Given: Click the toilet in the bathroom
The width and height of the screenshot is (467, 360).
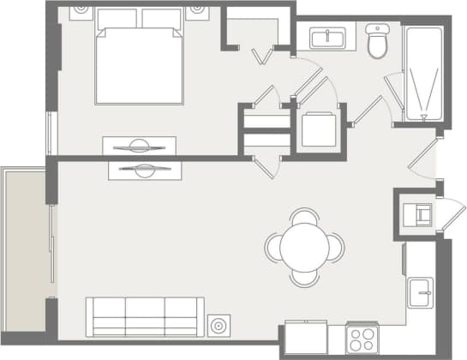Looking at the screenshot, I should (378, 41).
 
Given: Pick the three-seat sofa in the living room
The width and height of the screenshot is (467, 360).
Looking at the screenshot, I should (145, 315).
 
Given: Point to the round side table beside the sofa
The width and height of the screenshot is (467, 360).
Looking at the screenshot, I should (219, 326).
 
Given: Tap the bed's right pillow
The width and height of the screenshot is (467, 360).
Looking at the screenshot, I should (162, 19).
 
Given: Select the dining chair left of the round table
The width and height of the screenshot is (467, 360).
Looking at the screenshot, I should (272, 247).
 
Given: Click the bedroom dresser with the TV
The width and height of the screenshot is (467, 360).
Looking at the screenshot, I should (139, 146).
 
